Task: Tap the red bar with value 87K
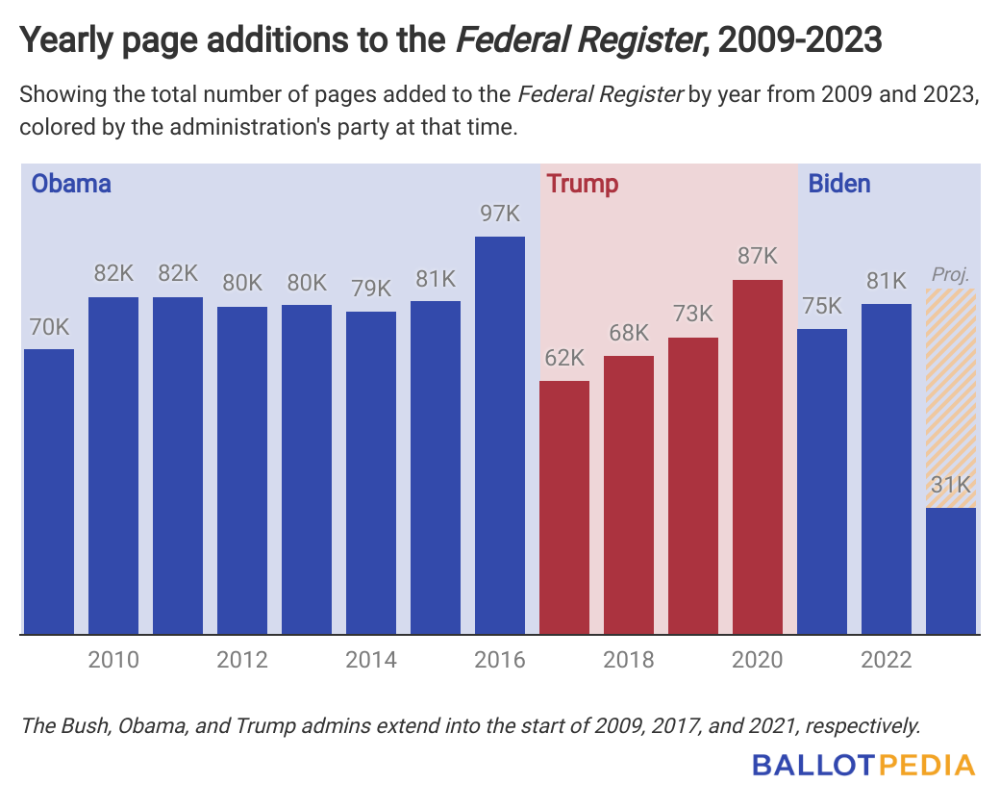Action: coord(758,457)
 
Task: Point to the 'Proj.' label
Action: coord(951,275)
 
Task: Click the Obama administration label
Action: coord(71,184)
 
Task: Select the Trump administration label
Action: coord(582,184)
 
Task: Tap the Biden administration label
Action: coord(839,184)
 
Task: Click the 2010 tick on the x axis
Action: coord(113,660)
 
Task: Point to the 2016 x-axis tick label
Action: coord(500,660)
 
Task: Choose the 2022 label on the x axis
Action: coord(887,660)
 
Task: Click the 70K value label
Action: coord(49,327)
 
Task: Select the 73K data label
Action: coord(693,315)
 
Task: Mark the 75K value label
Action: coord(822,306)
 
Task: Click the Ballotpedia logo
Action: coord(862,766)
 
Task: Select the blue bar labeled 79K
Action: coord(371,472)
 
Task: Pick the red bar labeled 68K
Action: coord(629,494)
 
